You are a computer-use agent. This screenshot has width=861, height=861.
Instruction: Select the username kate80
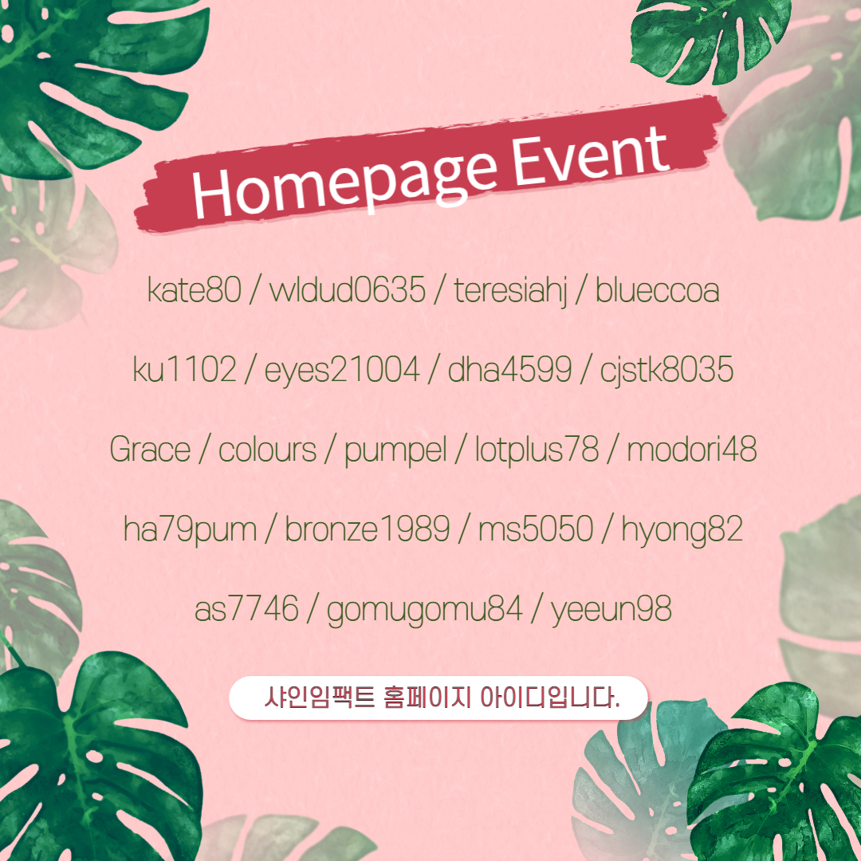[x=195, y=289]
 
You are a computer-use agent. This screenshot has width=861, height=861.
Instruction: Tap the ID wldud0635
[x=348, y=289]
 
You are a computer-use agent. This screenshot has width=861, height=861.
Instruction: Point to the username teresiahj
[x=510, y=291]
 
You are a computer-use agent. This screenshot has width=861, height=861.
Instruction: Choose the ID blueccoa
[x=657, y=289]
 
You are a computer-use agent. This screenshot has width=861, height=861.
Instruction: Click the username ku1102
[x=184, y=368]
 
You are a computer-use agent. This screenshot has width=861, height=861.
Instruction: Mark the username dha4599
[x=509, y=368]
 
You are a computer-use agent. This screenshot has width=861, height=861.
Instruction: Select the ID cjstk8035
[x=666, y=370]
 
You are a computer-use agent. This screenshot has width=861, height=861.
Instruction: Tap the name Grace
[x=150, y=449]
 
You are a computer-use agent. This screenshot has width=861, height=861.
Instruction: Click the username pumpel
[x=395, y=451]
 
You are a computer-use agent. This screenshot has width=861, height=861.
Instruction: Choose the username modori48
[x=691, y=449]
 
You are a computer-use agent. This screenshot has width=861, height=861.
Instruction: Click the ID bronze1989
[x=367, y=529]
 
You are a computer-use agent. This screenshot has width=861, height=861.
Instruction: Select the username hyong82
[x=682, y=530]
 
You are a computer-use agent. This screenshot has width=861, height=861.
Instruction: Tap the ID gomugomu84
[x=424, y=611]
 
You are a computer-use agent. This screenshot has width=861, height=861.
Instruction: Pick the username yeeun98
[x=611, y=611]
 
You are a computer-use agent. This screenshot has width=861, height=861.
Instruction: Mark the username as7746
[x=246, y=609]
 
